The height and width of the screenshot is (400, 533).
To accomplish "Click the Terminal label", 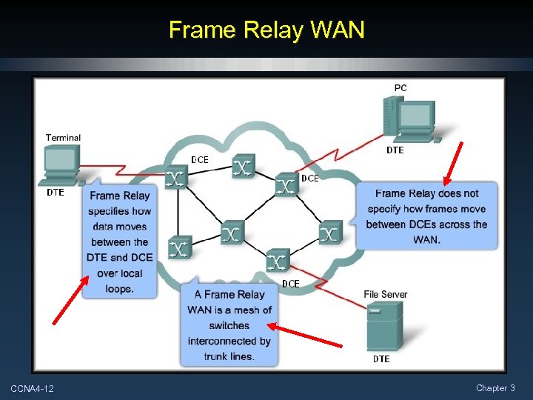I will (x=63, y=138).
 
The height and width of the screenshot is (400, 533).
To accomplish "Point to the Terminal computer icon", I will (x=61, y=164).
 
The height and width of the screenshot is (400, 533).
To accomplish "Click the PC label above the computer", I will (x=400, y=88).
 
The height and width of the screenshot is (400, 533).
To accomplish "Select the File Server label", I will (x=385, y=295).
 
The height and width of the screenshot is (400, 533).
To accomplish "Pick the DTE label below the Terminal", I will (x=56, y=193).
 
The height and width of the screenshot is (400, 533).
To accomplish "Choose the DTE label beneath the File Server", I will (x=381, y=359).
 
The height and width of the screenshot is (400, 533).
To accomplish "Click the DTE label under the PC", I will (x=395, y=150).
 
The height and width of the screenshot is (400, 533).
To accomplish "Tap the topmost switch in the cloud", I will (x=243, y=167).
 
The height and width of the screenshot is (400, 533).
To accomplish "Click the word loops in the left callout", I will (x=119, y=289).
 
